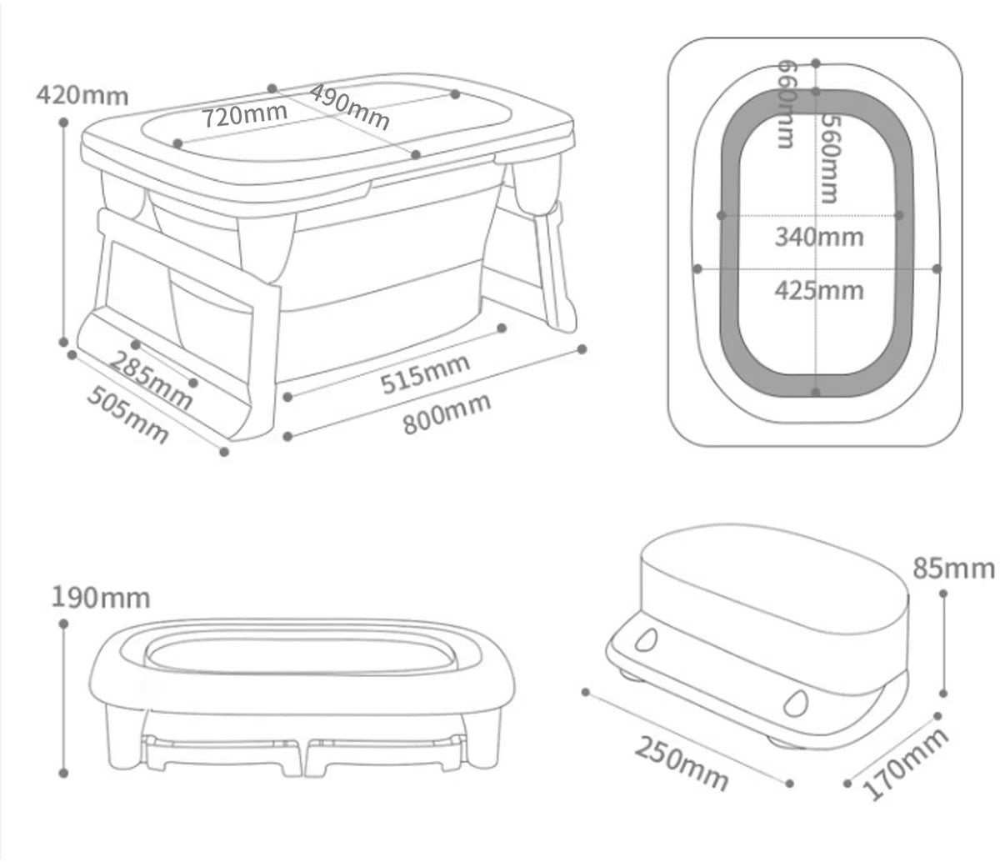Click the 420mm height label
point(82,95)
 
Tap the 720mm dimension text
point(244,115)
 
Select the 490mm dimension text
point(349,107)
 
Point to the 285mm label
point(151,380)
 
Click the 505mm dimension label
point(128,414)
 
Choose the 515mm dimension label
point(425,373)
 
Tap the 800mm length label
point(447,413)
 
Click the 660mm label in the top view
point(787,103)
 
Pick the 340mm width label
point(819,237)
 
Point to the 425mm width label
point(819,290)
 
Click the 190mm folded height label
point(101,599)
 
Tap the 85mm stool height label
point(954,569)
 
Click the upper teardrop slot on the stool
point(647,640)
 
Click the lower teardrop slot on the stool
point(795,703)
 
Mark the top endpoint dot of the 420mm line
point(63,123)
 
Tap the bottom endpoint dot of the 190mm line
point(63,773)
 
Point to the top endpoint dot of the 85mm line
point(942,594)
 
